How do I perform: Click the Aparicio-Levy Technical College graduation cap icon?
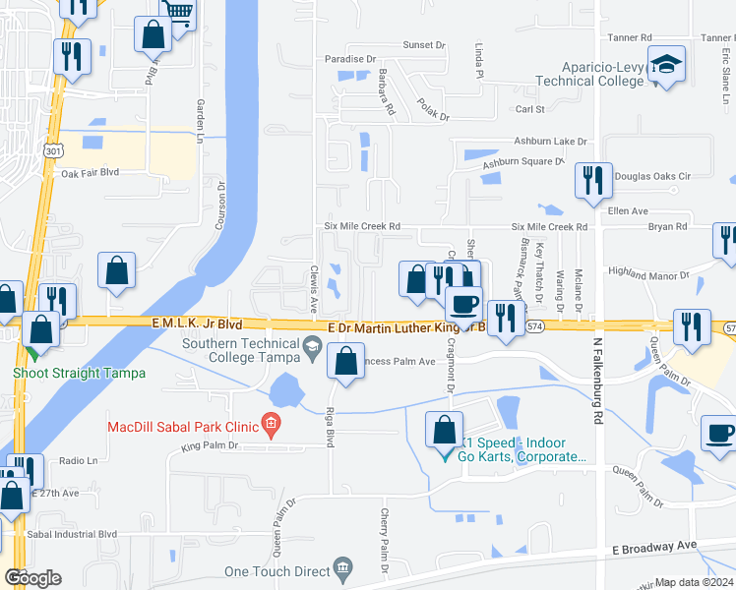click(x=668, y=66)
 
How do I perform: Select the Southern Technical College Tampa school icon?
click(x=312, y=344)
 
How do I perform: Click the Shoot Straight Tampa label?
click(x=79, y=373)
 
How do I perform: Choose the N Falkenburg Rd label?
click(x=597, y=383)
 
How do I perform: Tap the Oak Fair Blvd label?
click(x=90, y=172)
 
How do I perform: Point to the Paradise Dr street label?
click(x=351, y=59)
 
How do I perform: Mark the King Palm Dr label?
click(x=211, y=446)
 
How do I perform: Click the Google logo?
click(x=32, y=577)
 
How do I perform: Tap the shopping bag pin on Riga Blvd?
click(x=345, y=361)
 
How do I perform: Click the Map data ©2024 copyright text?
click(x=695, y=582)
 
